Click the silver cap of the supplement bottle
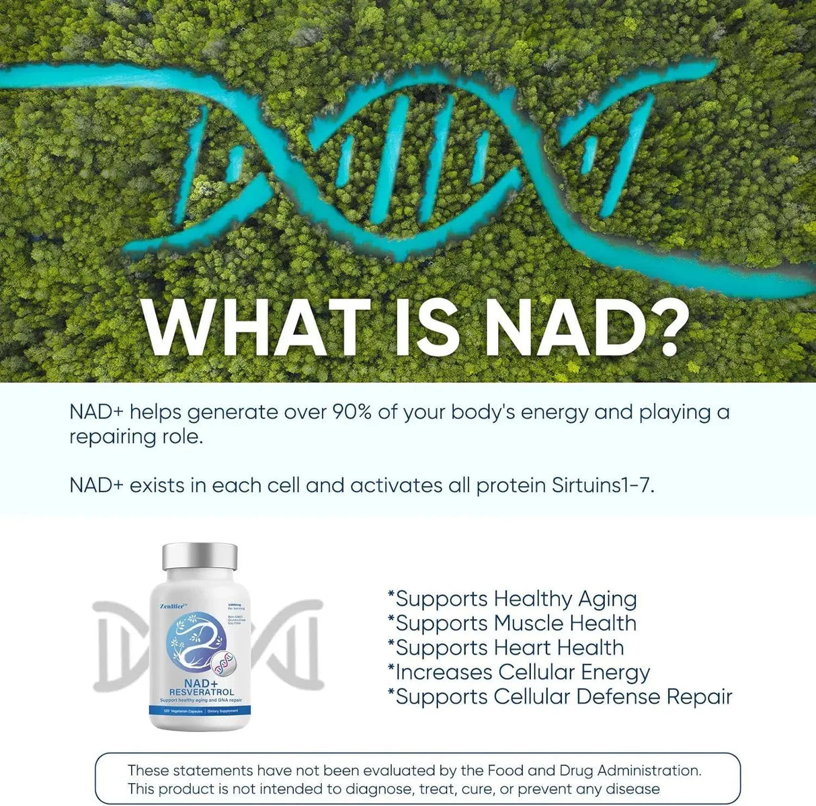(x=200, y=557)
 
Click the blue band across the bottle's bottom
(x=200, y=711)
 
